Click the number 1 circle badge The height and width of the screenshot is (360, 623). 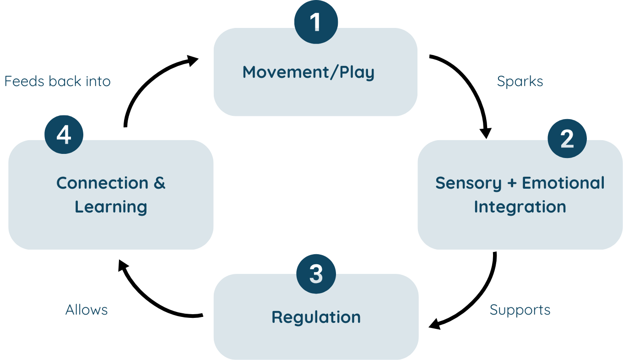pos(316,22)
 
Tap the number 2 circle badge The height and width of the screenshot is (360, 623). pos(567,138)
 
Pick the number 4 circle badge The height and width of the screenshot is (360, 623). pos(64,135)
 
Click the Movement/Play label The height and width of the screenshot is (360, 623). pos(308,72)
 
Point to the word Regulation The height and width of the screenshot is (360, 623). pos(316,317)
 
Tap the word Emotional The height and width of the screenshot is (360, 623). pos(563,183)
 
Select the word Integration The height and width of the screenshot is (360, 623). pos(520,207)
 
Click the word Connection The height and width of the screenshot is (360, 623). pos(102,183)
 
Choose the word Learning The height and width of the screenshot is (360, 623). pos(111,207)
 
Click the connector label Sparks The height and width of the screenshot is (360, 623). pos(520,82)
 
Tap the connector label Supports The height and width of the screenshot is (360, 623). pos(520,310)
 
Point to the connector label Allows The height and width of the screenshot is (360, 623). pos(87,310)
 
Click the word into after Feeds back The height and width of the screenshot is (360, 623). pos(98,82)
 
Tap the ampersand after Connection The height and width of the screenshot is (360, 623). pos(159,183)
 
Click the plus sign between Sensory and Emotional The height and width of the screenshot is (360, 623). pos(512,183)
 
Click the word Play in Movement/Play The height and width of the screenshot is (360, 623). pos(357,72)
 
